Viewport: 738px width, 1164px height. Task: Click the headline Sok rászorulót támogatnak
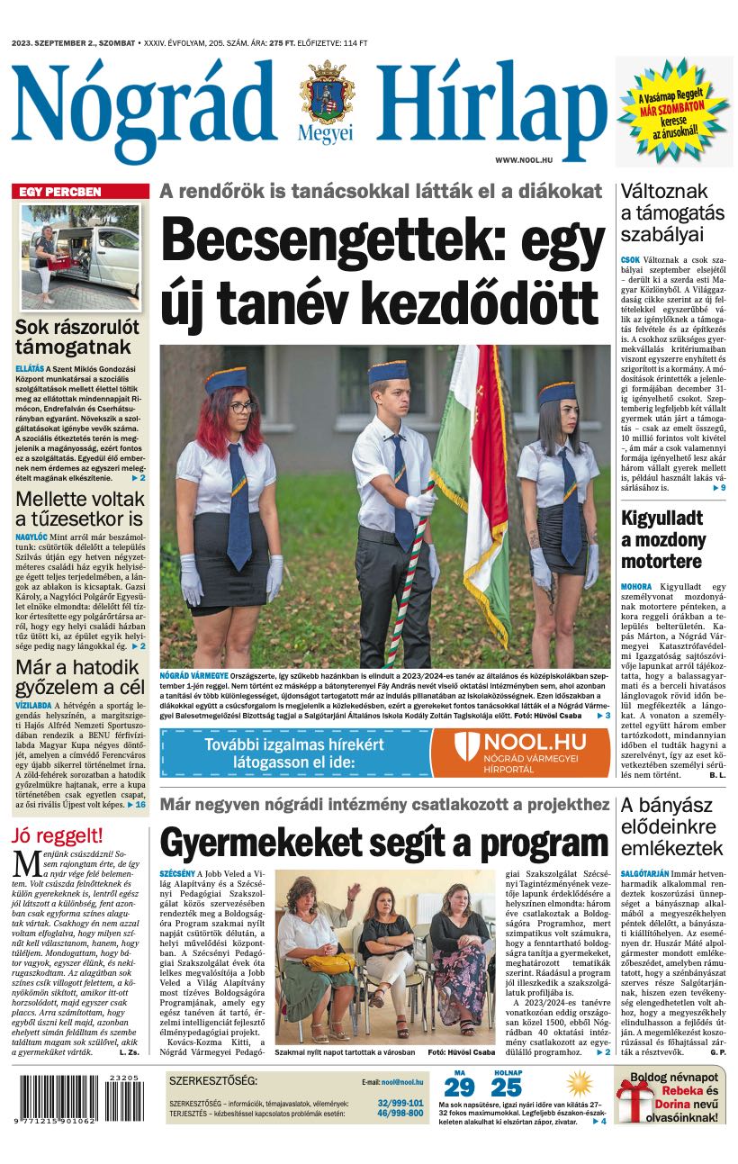(x=77, y=338)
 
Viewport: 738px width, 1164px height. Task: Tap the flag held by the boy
(x=471, y=459)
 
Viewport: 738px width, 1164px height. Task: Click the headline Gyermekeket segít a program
(x=384, y=843)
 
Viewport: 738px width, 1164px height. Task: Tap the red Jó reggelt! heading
(x=57, y=834)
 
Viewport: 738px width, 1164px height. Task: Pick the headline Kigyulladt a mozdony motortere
(x=663, y=539)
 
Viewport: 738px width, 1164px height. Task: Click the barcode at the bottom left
(x=77, y=1100)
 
